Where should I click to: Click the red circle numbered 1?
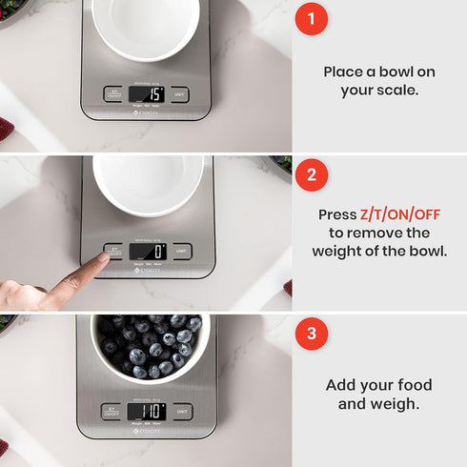(311, 19)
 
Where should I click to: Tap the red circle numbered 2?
(311, 175)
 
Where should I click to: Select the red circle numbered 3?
(311, 334)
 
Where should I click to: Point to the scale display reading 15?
(147, 93)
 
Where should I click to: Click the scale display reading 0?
(147, 252)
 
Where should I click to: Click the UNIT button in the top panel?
(180, 94)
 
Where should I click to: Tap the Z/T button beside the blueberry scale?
(111, 412)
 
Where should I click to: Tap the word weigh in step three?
(395, 403)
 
